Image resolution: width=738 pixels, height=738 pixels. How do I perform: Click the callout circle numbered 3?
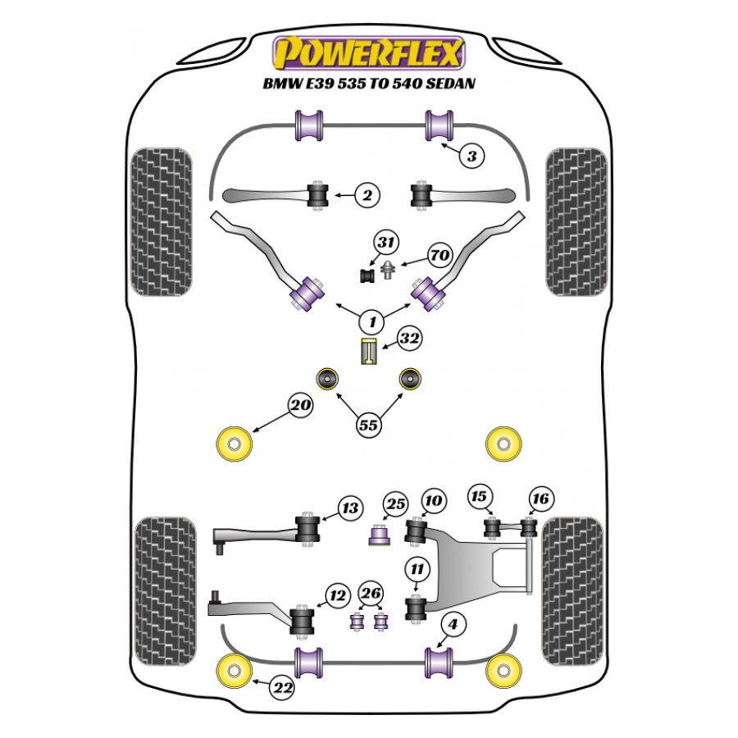point(471,156)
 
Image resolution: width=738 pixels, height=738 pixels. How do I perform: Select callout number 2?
point(367,195)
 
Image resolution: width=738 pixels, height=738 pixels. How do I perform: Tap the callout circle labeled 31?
point(386,243)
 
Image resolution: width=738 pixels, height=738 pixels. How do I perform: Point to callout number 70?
point(440,255)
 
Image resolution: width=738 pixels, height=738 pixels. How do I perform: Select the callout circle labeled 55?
point(369,425)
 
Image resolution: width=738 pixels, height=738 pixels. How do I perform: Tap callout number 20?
point(300,405)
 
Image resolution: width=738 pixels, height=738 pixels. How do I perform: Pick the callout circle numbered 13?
point(351,508)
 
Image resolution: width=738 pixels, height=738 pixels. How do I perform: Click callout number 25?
point(396,503)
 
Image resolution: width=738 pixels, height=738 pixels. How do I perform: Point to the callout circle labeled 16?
point(541,499)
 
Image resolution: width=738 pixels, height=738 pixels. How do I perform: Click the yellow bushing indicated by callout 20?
point(234,444)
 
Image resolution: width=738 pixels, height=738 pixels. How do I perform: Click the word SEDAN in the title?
point(449,84)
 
